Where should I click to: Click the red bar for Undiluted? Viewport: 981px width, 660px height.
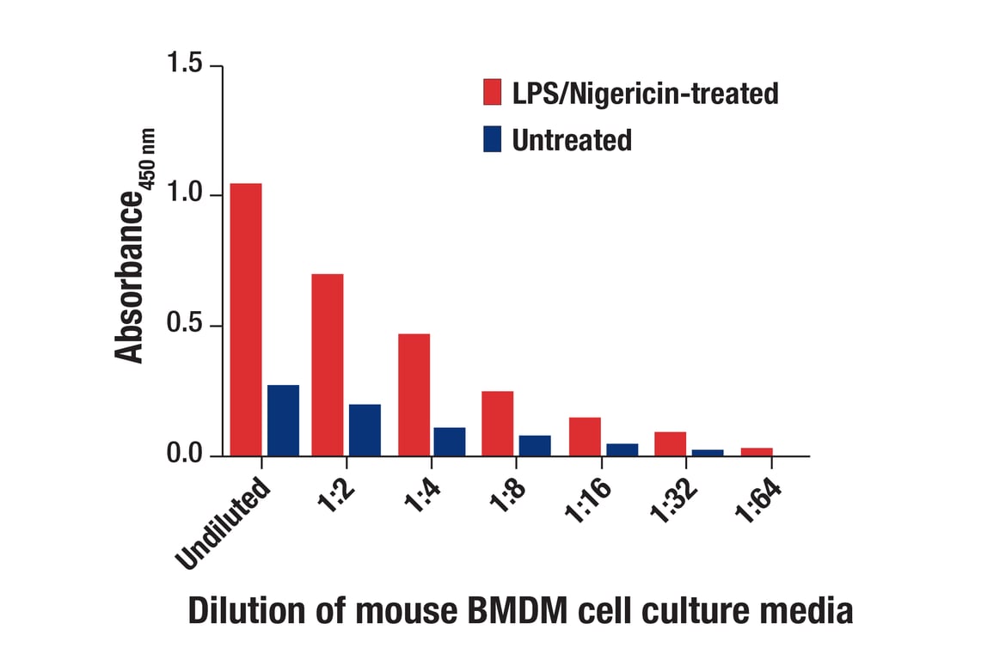click(x=246, y=320)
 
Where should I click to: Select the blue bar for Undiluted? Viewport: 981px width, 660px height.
click(x=284, y=420)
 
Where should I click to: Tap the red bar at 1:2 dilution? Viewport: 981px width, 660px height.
click(x=328, y=364)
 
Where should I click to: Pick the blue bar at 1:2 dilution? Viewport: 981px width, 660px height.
click(x=365, y=430)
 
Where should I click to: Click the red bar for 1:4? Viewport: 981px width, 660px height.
click(x=414, y=394)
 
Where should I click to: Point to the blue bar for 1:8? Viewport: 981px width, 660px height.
click(x=535, y=445)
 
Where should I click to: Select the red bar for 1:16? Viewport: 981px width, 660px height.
click(x=585, y=437)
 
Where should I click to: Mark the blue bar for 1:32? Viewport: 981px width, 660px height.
click(x=708, y=453)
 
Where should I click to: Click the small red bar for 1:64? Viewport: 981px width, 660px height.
click(x=757, y=452)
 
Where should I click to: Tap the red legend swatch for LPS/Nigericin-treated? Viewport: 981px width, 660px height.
click(x=493, y=92)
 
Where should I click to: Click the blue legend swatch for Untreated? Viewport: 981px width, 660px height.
click(x=493, y=139)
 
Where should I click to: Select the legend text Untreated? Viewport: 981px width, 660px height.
click(x=572, y=139)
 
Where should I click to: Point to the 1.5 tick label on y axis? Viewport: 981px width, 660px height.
click(x=185, y=63)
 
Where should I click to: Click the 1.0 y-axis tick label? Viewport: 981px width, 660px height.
click(x=185, y=192)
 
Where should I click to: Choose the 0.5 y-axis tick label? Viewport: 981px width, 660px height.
click(x=185, y=323)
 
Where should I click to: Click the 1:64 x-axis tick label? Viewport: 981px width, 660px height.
click(x=757, y=501)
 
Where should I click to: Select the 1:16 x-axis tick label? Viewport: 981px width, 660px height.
click(x=587, y=501)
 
